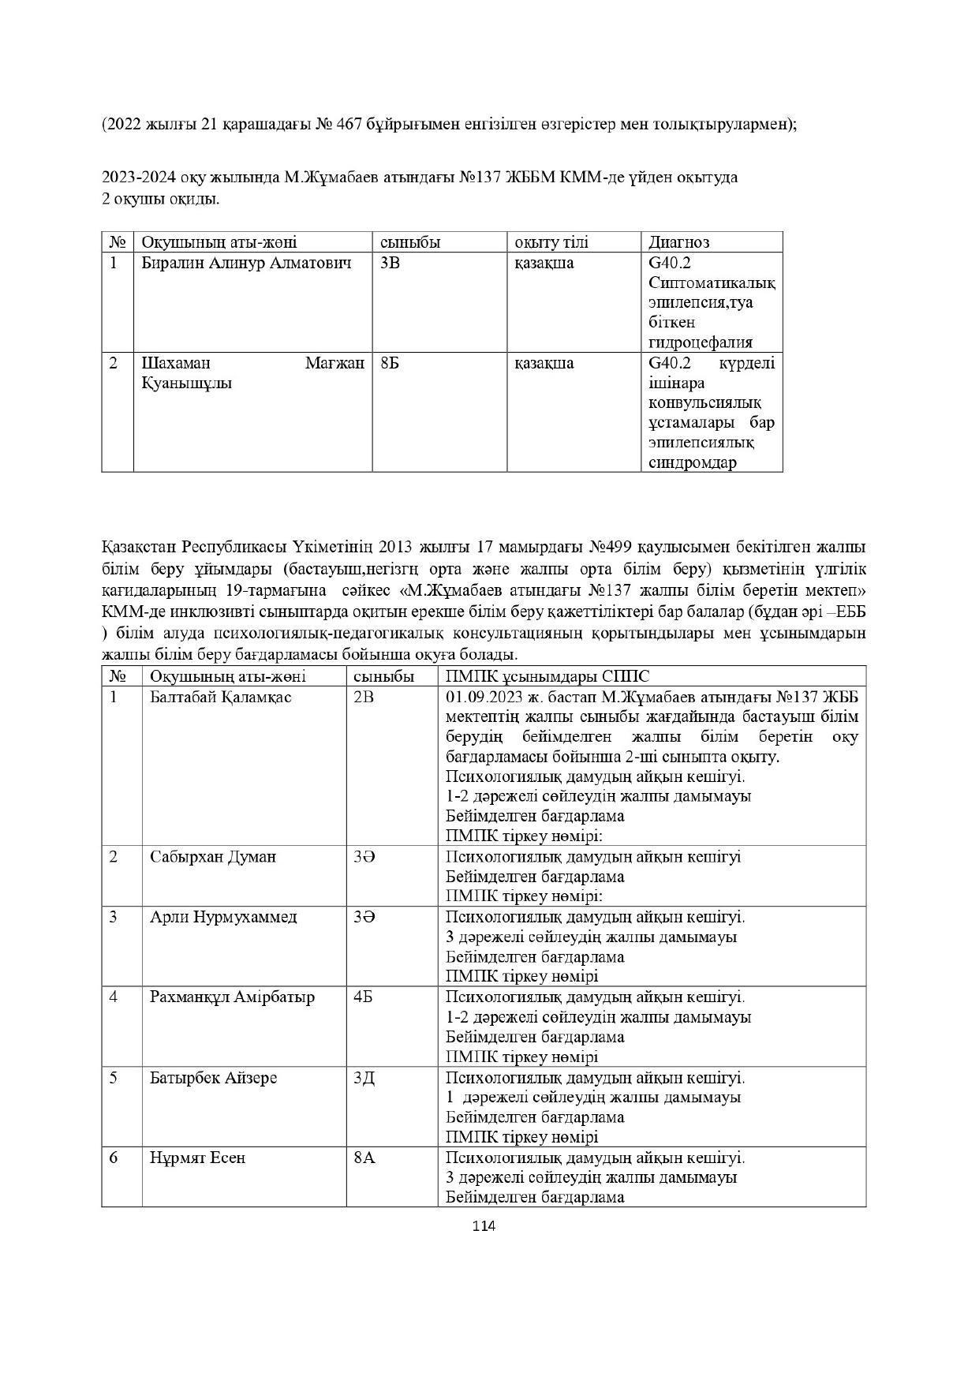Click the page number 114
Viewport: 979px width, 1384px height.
click(x=483, y=1225)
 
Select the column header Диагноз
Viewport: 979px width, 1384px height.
click(x=678, y=242)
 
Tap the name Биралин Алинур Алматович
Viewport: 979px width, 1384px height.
click(x=246, y=263)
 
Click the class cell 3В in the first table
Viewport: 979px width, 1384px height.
click(x=390, y=263)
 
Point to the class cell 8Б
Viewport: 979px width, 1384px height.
click(x=389, y=363)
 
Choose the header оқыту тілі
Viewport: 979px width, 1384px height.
click(x=551, y=242)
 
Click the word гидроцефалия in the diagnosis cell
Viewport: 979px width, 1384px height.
click(x=701, y=342)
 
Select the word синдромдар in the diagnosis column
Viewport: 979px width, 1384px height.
click(x=693, y=462)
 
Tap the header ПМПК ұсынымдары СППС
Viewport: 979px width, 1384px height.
click(x=547, y=676)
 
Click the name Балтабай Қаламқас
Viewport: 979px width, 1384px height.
click(x=221, y=697)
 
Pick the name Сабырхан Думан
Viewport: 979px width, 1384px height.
click(x=213, y=857)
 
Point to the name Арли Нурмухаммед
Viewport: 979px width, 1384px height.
click(x=223, y=917)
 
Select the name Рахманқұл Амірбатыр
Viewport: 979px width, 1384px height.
click(x=232, y=997)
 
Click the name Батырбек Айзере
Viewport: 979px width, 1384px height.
click(x=214, y=1077)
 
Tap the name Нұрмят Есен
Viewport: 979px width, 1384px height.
click(x=198, y=1158)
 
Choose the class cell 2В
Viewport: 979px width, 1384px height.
click(x=364, y=697)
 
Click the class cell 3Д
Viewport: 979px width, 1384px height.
click(x=364, y=1077)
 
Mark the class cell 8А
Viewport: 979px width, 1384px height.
click(x=364, y=1158)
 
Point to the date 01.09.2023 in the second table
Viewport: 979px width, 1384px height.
click(x=483, y=697)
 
